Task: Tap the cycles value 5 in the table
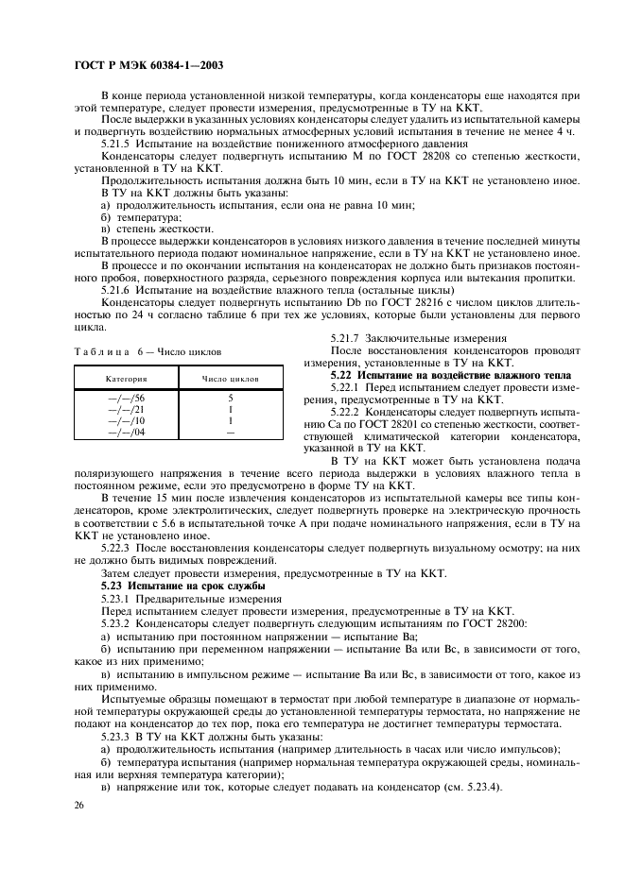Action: [x=230, y=398]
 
